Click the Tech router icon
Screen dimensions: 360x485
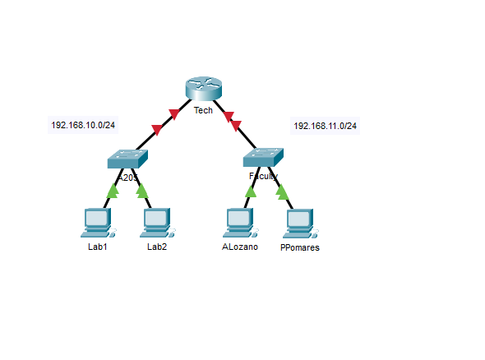(x=202, y=89)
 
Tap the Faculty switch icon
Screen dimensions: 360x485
(x=263, y=157)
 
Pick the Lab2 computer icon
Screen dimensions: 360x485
(x=156, y=221)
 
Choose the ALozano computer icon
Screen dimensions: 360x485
(x=238, y=221)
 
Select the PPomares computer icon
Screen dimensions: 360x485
(x=299, y=221)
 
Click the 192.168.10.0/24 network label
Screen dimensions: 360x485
(x=83, y=126)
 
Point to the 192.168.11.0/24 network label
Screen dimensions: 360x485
(x=325, y=126)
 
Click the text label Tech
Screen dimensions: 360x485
(x=203, y=110)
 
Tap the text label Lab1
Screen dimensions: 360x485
(x=98, y=246)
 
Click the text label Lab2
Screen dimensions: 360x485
(x=157, y=246)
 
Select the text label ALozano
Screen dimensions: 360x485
(x=239, y=246)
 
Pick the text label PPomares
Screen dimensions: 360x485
(x=299, y=247)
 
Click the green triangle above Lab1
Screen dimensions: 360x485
(x=113, y=193)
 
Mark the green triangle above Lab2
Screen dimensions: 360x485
(x=142, y=192)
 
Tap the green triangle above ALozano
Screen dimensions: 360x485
(x=251, y=192)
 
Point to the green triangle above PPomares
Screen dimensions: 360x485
(x=282, y=192)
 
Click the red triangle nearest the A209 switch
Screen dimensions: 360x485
(x=157, y=128)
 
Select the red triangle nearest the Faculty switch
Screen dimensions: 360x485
(x=237, y=125)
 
